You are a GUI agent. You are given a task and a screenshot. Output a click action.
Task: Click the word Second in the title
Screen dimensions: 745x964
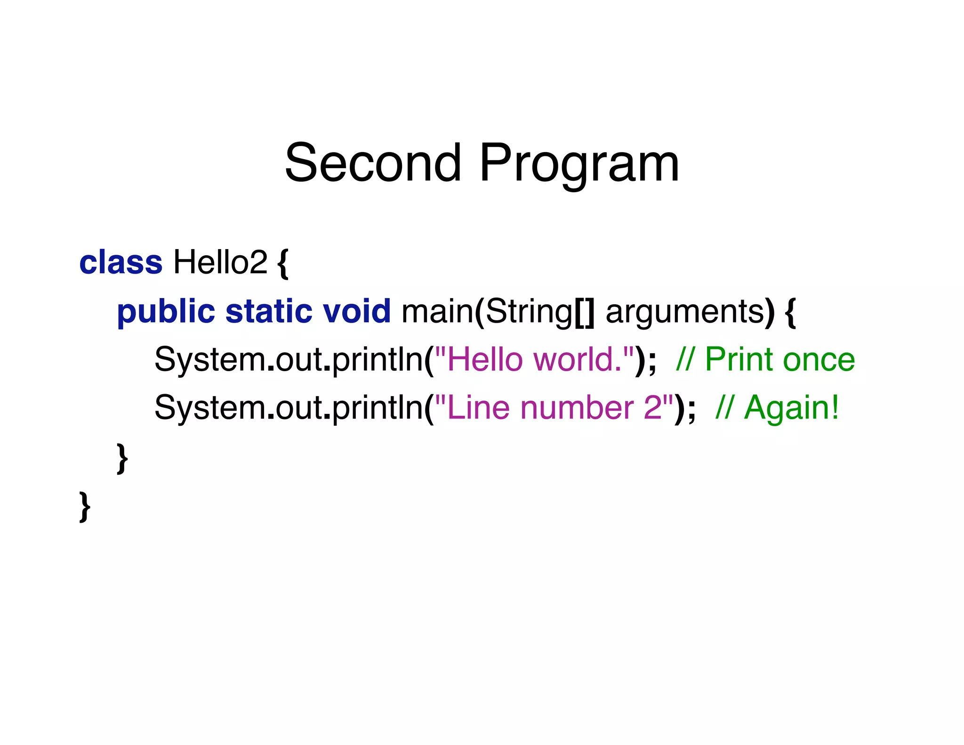click(373, 163)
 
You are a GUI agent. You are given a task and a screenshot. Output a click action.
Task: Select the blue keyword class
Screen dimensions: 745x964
click(120, 262)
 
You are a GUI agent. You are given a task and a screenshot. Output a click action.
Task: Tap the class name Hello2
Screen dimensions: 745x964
click(220, 262)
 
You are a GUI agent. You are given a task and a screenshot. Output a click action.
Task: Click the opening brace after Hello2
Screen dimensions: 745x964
click(282, 264)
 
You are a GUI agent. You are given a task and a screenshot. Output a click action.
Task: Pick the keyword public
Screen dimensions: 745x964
click(166, 312)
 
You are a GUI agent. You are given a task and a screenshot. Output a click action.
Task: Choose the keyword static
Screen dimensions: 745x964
click(269, 311)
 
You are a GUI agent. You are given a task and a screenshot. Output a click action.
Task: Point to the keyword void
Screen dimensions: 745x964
click(357, 311)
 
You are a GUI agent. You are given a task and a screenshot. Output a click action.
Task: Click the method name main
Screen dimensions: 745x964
click(437, 311)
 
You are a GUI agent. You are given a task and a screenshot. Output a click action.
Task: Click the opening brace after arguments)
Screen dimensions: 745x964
click(790, 312)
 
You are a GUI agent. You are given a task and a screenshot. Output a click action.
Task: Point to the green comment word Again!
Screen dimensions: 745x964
click(791, 408)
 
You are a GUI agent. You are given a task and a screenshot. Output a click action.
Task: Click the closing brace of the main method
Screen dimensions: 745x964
click(122, 458)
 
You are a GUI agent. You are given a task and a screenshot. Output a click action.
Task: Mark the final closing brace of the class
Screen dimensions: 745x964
click(85, 507)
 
